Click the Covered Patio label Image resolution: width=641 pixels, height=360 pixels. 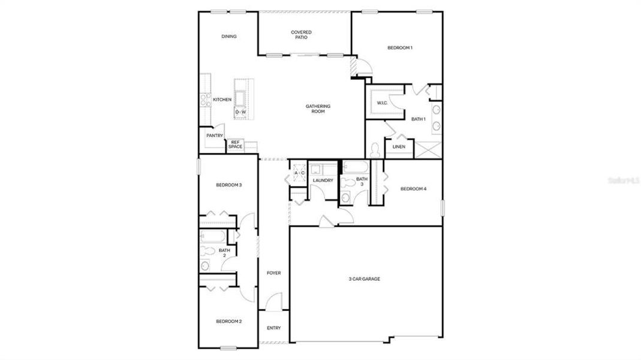coord(301,35)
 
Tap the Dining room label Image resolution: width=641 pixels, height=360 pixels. coord(229,37)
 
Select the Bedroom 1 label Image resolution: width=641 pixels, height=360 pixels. coord(399,47)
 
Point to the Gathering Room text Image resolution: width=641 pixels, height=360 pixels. coord(318,109)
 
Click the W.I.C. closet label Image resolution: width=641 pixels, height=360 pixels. coord(383,103)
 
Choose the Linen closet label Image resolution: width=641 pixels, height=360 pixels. coord(398,146)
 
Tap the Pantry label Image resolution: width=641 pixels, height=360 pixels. coord(215,136)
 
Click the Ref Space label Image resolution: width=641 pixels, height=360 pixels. coord(235,145)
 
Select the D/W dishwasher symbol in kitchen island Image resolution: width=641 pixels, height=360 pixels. coord(240,112)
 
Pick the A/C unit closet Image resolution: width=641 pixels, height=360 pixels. coord(299,173)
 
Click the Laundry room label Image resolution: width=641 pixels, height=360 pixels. coord(323,180)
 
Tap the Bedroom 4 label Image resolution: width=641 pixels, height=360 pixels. coord(413,189)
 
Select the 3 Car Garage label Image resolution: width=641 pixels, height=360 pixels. coord(365,278)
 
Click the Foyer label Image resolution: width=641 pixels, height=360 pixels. coord(273,273)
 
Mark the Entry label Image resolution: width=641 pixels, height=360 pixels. coord(273,328)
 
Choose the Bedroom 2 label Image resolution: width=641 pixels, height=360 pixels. coord(229,322)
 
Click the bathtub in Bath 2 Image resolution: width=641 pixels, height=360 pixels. coord(212,236)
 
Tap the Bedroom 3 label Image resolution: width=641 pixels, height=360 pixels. coord(229,185)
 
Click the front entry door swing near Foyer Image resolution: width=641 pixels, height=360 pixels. coord(273,301)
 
